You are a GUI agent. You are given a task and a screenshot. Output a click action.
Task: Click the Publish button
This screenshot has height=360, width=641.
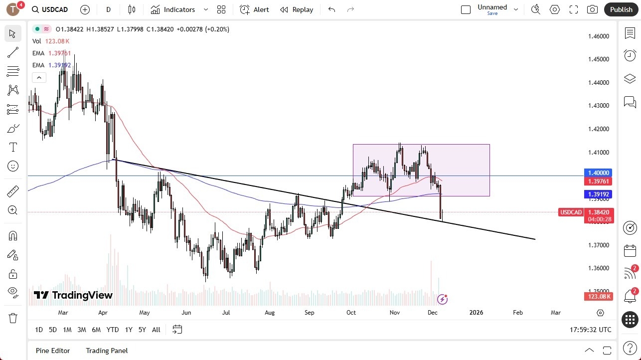(621, 9)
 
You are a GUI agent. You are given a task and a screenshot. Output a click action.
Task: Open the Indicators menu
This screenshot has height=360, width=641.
(179, 9)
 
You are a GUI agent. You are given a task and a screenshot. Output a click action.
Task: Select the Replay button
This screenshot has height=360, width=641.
(297, 9)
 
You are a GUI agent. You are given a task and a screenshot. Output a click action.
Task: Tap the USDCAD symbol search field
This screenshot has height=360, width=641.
(50, 9)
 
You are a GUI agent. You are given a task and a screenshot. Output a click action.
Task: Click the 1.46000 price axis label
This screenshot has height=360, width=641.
(598, 36)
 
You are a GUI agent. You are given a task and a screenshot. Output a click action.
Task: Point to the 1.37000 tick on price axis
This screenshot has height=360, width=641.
(598, 245)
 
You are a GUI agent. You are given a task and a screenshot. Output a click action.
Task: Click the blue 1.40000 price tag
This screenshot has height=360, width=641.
(598, 173)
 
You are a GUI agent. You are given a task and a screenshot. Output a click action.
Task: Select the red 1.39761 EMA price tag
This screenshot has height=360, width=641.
(598, 181)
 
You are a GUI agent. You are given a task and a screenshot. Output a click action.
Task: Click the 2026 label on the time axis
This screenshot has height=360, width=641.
(476, 313)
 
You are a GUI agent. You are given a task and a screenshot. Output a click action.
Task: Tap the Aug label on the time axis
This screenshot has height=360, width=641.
(270, 313)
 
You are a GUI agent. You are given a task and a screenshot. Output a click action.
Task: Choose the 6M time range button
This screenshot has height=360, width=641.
(96, 330)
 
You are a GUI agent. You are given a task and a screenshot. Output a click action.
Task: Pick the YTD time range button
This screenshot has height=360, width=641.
(113, 330)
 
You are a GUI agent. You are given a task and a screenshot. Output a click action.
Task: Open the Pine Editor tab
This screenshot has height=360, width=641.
(53, 351)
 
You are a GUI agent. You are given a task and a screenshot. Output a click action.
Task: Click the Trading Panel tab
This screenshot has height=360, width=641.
(107, 351)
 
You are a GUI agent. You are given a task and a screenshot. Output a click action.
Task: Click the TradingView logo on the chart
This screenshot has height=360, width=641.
(73, 295)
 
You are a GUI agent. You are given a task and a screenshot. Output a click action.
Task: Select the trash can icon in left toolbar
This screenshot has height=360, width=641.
(13, 318)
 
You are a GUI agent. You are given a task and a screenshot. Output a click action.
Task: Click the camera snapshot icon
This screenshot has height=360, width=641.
(592, 9)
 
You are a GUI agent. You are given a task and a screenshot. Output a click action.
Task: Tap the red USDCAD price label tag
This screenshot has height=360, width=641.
(571, 212)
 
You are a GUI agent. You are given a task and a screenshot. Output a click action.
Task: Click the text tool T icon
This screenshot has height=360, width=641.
(13, 147)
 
